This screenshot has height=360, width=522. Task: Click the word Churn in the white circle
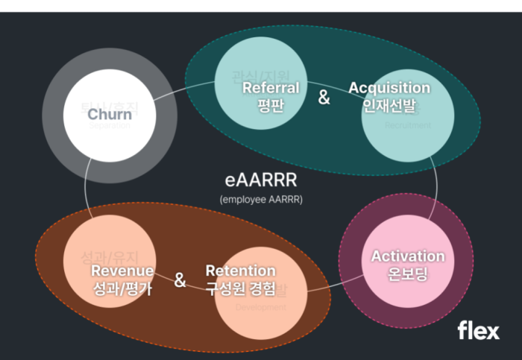[x=110, y=114]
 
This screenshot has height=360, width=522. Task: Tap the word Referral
[x=271, y=88]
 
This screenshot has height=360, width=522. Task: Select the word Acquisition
[x=389, y=88]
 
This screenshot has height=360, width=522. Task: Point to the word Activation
[x=408, y=256]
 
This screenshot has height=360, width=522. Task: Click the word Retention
[x=240, y=271]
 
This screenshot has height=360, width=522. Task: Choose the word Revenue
[x=122, y=271]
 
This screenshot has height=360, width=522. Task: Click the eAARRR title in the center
[x=260, y=180]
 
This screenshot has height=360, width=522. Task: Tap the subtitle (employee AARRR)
[x=261, y=199]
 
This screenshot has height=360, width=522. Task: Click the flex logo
[x=478, y=330]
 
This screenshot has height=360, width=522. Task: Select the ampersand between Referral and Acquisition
[x=324, y=97]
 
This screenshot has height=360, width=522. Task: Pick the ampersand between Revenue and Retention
[x=180, y=280]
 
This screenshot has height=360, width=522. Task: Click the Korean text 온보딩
[x=408, y=274]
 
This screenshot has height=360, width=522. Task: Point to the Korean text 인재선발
[x=389, y=104]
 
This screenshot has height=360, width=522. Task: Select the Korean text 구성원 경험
[x=240, y=288]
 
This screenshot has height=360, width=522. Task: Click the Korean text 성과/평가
[x=122, y=288]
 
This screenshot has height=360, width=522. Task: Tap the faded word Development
[x=260, y=306]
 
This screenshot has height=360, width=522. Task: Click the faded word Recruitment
[x=408, y=126]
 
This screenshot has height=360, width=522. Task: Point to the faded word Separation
[x=110, y=126]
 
